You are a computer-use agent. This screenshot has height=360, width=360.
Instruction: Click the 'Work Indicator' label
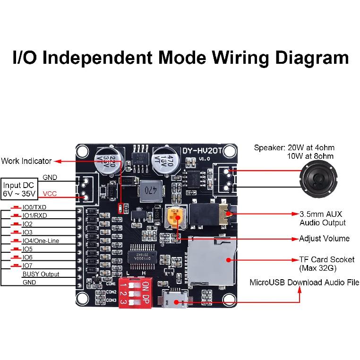pos(26,161)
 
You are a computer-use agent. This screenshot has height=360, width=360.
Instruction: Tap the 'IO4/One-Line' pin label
pos(41,240)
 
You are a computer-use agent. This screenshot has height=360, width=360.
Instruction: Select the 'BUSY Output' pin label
pos(41,274)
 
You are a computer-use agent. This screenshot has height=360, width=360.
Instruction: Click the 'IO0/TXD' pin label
pos(34,207)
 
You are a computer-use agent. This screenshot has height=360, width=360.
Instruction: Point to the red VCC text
pos(50,194)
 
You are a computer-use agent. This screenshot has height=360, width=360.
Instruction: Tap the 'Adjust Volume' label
pos(324,238)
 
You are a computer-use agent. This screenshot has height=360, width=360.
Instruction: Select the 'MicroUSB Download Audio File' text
pos(304,283)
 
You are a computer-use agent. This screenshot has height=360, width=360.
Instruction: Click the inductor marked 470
pos(150,190)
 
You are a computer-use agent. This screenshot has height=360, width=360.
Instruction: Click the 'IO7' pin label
pos(27,266)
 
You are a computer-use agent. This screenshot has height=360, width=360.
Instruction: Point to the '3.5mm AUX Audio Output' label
pos(323,218)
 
